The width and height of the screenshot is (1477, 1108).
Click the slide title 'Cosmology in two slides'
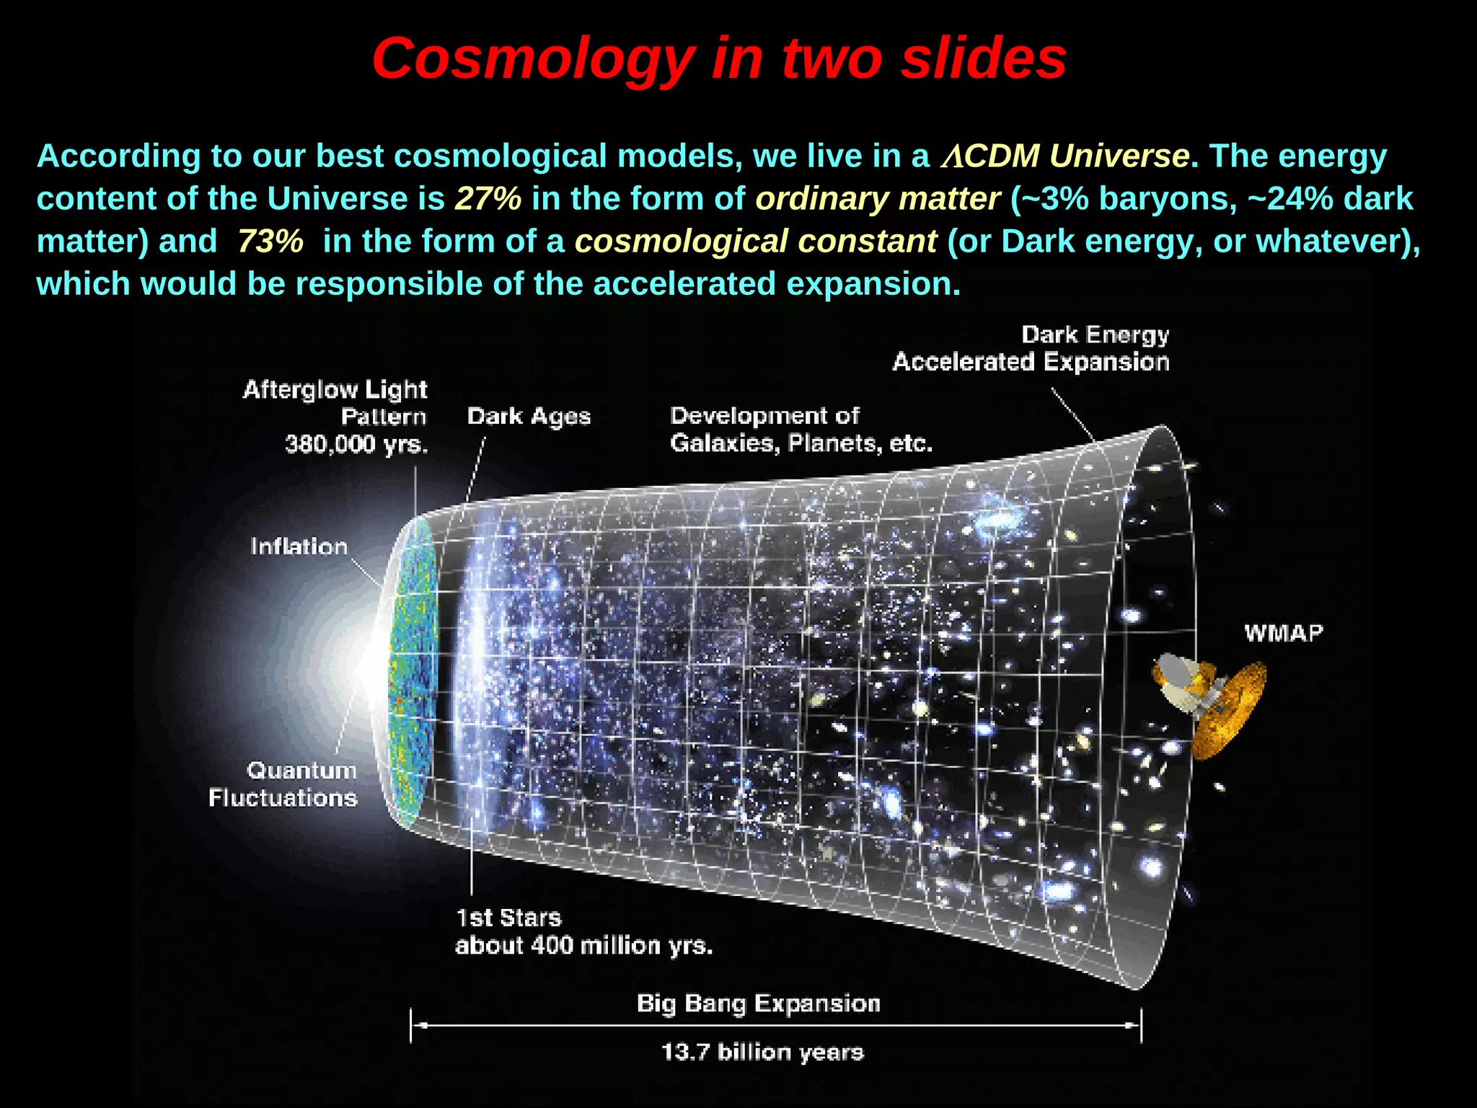719,58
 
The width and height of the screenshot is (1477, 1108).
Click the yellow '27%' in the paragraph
488,198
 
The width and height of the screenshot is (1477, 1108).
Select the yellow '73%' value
270,241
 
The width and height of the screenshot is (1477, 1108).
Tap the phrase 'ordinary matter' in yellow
878,198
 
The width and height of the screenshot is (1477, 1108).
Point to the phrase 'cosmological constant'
755,241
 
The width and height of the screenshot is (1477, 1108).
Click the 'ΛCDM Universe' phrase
1064,156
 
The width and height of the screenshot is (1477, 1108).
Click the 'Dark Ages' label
529,417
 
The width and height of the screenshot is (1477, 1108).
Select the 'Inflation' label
299,546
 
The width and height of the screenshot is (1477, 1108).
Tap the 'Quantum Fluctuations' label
283,784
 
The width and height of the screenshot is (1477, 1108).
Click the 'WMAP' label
1284,633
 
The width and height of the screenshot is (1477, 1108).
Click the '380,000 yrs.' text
356,444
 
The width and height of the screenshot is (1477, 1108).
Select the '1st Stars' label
508,918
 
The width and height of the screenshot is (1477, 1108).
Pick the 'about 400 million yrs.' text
583,945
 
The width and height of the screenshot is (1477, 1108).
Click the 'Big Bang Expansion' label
758,1003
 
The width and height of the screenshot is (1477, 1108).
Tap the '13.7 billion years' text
762,1052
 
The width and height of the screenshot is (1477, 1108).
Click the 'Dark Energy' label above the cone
1095,334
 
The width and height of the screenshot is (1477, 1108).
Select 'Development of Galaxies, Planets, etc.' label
801,430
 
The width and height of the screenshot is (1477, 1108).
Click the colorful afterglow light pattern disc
414,670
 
